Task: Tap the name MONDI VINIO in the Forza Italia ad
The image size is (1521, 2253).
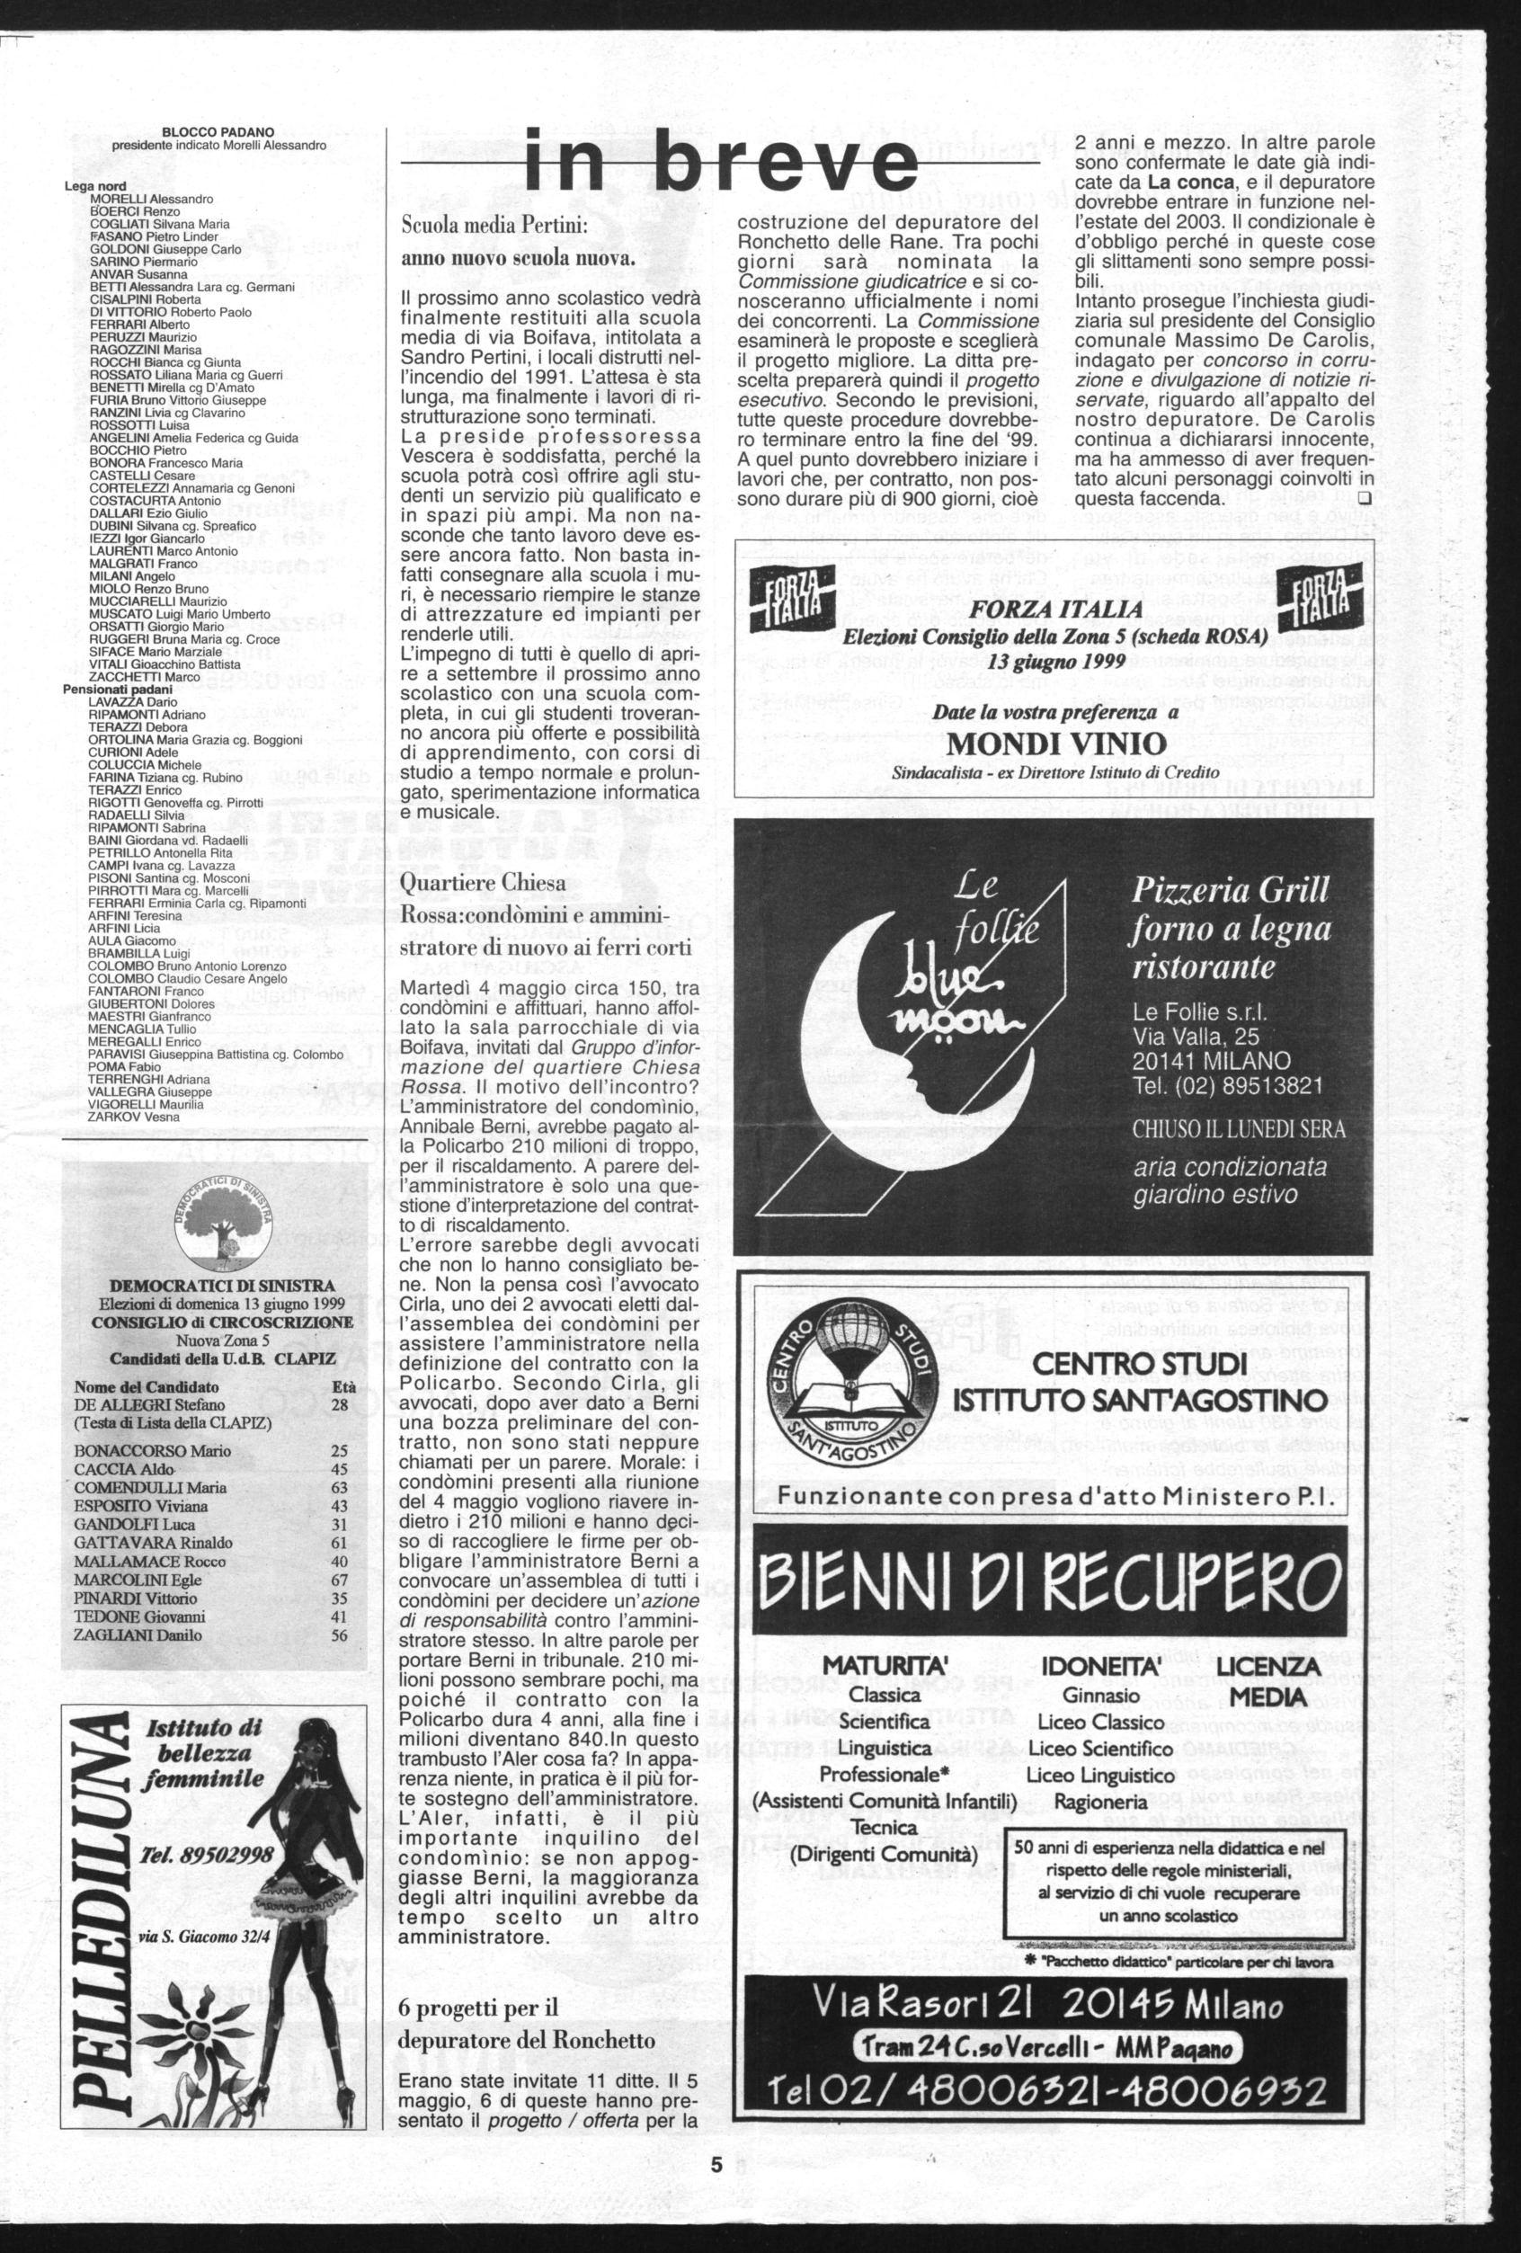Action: click(1054, 744)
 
